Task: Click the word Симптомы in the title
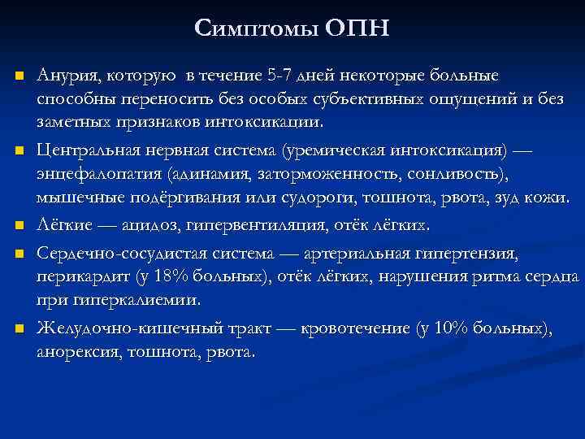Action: pos(257,29)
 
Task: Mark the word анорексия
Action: pos(76,353)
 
